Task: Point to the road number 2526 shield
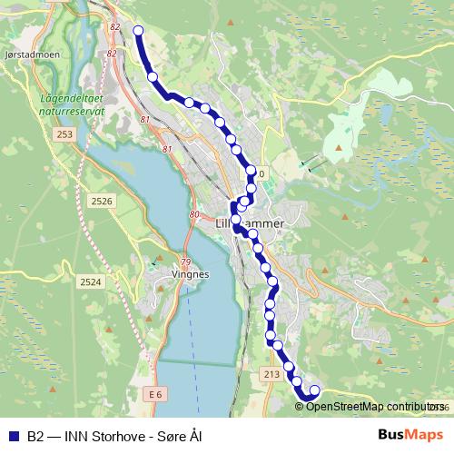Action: (103, 201)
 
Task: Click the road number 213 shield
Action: (271, 374)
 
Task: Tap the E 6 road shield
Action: (155, 394)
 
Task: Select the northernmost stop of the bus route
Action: (138, 31)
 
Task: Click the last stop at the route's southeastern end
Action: (315, 390)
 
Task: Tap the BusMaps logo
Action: (410, 434)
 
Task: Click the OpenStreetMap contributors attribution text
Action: (370, 406)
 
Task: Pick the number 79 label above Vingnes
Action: (185, 261)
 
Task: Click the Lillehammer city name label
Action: (251, 222)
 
